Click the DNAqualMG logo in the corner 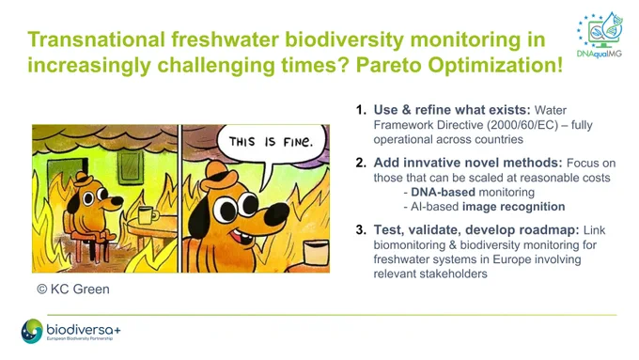pyautogui.click(x=600, y=35)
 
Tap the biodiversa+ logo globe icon pyautogui.click(x=32, y=331)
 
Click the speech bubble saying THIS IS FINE pyautogui.click(x=272, y=143)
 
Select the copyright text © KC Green pyautogui.click(x=73, y=290)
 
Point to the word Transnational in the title pyautogui.click(x=96, y=39)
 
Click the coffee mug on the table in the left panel pyautogui.click(x=148, y=215)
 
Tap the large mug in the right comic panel pyautogui.click(x=317, y=253)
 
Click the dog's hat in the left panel pyautogui.click(x=84, y=179)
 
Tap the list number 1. pyautogui.click(x=361, y=110)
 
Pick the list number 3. pyautogui.click(x=361, y=230)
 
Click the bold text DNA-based pyautogui.click(x=443, y=192)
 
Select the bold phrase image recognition pyautogui.click(x=513, y=207)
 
